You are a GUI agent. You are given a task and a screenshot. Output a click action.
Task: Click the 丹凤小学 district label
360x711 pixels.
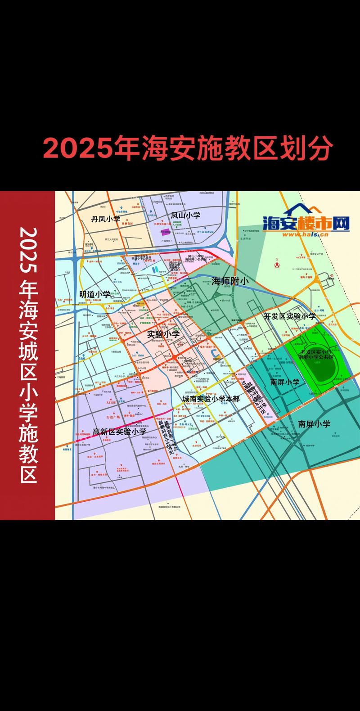106,219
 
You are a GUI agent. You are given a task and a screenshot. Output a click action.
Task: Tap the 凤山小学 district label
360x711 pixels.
185,216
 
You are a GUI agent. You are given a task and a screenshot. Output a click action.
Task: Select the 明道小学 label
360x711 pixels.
95,294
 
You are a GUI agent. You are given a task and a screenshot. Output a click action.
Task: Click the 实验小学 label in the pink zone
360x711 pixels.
163,334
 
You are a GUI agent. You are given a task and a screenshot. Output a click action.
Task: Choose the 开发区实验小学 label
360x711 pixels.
290,316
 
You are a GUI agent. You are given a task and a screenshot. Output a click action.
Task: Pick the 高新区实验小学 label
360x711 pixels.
120,432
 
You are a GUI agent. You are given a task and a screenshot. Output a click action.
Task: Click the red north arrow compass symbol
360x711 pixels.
277,265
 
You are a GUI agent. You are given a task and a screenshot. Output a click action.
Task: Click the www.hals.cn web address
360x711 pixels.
306,234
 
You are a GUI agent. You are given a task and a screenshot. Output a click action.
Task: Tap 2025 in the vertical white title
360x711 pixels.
28,250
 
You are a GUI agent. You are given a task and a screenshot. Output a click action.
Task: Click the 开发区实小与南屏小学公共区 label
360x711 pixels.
316,354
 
